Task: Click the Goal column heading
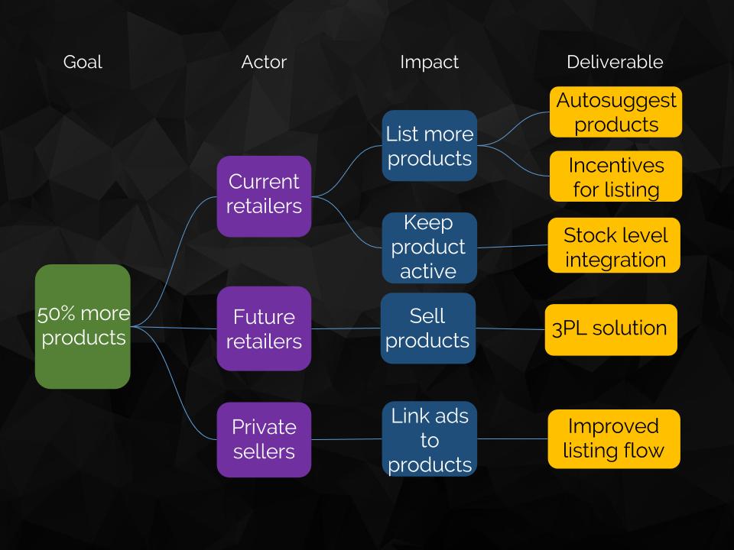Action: pyautogui.click(x=83, y=63)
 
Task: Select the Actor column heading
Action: pyautogui.click(x=264, y=63)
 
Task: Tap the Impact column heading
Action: pyautogui.click(x=429, y=63)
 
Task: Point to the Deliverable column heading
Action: pyautogui.click(x=615, y=63)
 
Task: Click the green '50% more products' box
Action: pyautogui.click(x=83, y=326)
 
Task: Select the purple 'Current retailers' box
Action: pyautogui.click(x=264, y=196)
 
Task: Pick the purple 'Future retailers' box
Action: pyautogui.click(x=264, y=328)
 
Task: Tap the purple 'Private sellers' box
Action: pyautogui.click(x=264, y=439)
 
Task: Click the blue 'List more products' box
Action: pyautogui.click(x=429, y=146)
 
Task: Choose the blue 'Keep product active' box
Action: pyautogui.click(x=429, y=247)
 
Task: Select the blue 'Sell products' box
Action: pyautogui.click(x=428, y=328)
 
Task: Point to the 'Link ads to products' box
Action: pyautogui.click(x=429, y=439)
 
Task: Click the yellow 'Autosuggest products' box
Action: pyautogui.click(x=615, y=112)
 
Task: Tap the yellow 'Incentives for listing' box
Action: pyautogui.click(x=615, y=176)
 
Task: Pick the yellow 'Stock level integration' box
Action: pyautogui.click(x=614, y=247)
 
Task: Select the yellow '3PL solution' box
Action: pyautogui.click(x=610, y=329)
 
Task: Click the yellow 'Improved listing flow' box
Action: pyautogui.click(x=613, y=438)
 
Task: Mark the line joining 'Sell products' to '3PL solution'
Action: pyautogui.click(x=510, y=329)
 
